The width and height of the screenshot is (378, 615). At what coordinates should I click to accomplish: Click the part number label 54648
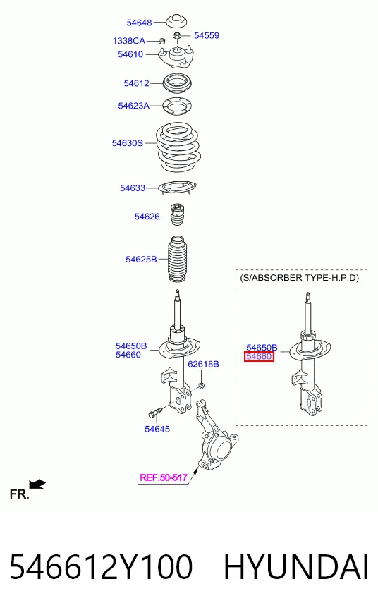pos(139,23)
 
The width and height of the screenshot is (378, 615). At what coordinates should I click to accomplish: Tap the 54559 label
pos(207,36)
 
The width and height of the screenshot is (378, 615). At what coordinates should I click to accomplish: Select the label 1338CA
pos(129,41)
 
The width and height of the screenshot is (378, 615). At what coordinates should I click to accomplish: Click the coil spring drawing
pos(178,147)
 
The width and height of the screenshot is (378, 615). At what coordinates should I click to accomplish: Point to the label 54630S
pos(128,143)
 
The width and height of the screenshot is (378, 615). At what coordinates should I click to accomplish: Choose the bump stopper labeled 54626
pos(178,214)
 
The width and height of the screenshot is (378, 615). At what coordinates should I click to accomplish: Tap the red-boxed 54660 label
pos(259,357)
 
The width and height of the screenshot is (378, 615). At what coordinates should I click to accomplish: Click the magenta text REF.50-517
pos(164,477)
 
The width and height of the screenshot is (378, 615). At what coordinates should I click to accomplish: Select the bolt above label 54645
pos(155,413)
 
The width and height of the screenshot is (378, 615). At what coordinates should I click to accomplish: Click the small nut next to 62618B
pos(201,386)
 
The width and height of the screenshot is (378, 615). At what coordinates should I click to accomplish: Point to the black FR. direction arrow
pos(37,485)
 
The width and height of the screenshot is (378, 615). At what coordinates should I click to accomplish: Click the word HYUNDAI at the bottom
pos(296,567)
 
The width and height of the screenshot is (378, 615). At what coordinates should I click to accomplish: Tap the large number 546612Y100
pos(101,567)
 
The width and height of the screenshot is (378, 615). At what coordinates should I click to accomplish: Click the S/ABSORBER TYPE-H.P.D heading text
pos(299,278)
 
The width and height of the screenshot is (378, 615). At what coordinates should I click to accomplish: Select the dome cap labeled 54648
pos(176,20)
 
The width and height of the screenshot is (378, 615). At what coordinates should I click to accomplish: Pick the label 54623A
pos(134,106)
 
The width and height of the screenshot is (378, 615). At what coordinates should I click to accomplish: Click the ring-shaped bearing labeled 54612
pos(177,83)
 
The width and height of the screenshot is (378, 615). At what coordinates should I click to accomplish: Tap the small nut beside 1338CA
pos(161,41)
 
